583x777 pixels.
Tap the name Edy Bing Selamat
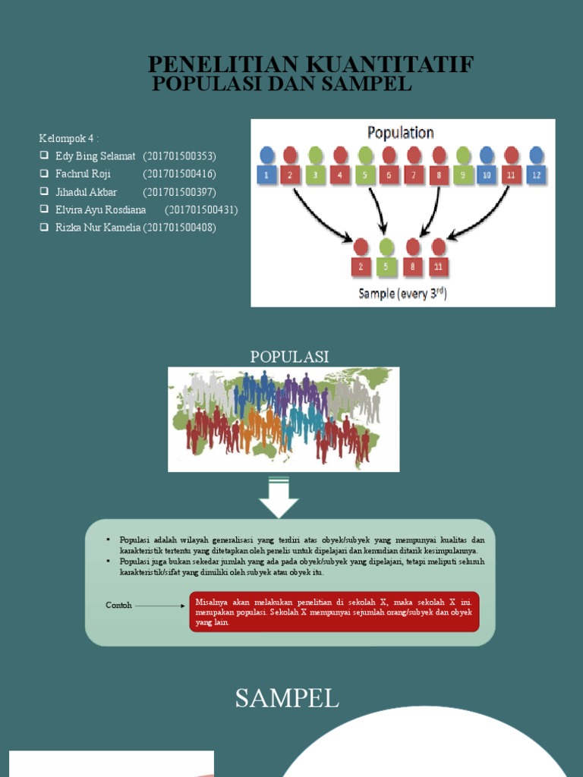[95, 156]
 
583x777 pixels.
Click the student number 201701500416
[179, 174]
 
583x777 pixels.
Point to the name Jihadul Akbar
[86, 192]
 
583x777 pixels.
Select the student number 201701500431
[201, 209]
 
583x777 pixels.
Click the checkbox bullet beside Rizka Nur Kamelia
[44, 228]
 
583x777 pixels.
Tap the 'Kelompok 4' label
[69, 138]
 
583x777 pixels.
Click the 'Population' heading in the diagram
[400, 133]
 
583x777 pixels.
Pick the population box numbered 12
[537, 175]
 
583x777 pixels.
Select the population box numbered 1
[266, 175]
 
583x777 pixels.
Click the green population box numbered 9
[463, 175]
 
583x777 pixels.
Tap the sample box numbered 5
[386, 266]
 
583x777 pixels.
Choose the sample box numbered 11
[438, 266]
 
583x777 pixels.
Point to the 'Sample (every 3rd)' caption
[402, 293]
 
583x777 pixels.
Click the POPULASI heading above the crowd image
[289, 357]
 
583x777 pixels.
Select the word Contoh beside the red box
[118, 606]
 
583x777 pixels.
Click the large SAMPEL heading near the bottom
[286, 698]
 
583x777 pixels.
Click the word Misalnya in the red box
[211, 601]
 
